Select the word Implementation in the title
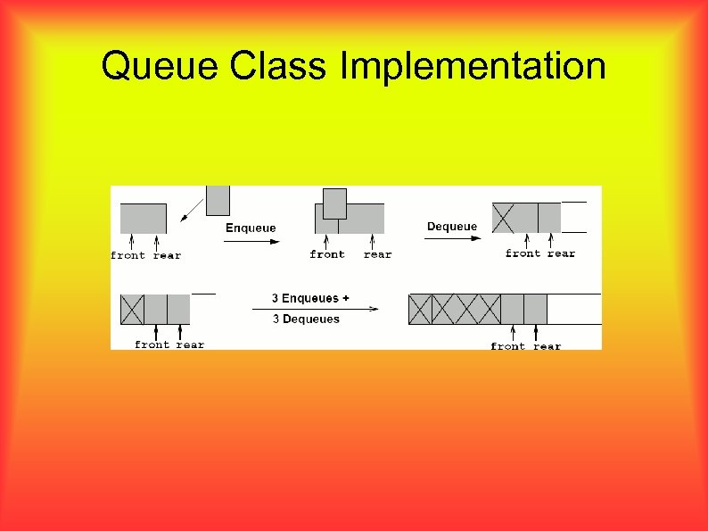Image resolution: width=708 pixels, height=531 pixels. point(473,67)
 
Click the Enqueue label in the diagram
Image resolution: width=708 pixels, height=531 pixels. point(251,228)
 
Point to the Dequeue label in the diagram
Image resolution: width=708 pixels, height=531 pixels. point(452,227)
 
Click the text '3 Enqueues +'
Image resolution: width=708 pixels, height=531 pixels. point(310,298)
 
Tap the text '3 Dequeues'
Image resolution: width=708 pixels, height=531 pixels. point(306,319)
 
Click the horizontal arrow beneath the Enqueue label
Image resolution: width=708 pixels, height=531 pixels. point(251,241)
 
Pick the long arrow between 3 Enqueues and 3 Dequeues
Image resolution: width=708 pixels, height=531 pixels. point(316,309)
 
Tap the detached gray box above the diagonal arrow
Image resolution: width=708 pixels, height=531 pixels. point(218,200)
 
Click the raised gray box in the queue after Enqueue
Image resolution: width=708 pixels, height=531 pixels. point(334,203)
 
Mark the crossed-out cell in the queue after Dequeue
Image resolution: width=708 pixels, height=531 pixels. point(504,218)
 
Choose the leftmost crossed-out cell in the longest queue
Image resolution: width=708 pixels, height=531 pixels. point(420,309)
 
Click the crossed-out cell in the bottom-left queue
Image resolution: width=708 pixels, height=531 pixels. point(132,309)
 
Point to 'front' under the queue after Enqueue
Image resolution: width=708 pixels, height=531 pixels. point(327,255)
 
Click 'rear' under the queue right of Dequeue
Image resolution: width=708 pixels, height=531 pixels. point(561,254)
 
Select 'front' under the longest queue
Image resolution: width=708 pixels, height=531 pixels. point(507,346)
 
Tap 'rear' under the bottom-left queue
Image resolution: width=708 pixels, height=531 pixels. point(190,345)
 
